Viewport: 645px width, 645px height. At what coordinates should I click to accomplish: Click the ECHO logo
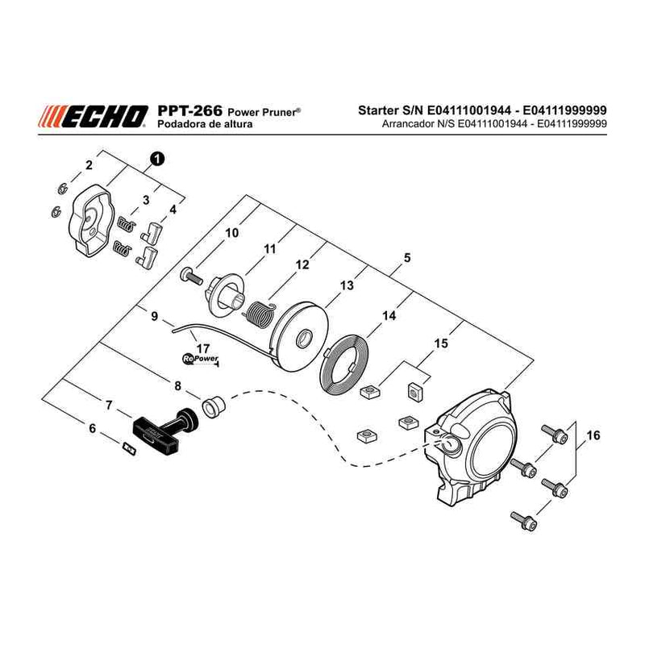coord(94,115)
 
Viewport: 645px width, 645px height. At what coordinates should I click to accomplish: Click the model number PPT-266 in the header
coord(189,110)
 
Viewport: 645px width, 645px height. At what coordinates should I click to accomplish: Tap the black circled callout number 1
coord(157,158)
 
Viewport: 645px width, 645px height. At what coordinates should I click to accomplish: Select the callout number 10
coord(231,233)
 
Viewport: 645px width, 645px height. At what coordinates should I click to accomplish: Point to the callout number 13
coord(347,285)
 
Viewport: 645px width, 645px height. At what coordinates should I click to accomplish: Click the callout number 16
coord(593,435)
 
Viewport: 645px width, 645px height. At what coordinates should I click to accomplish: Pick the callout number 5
coord(407,258)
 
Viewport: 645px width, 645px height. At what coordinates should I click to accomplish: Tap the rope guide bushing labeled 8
coord(213,406)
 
